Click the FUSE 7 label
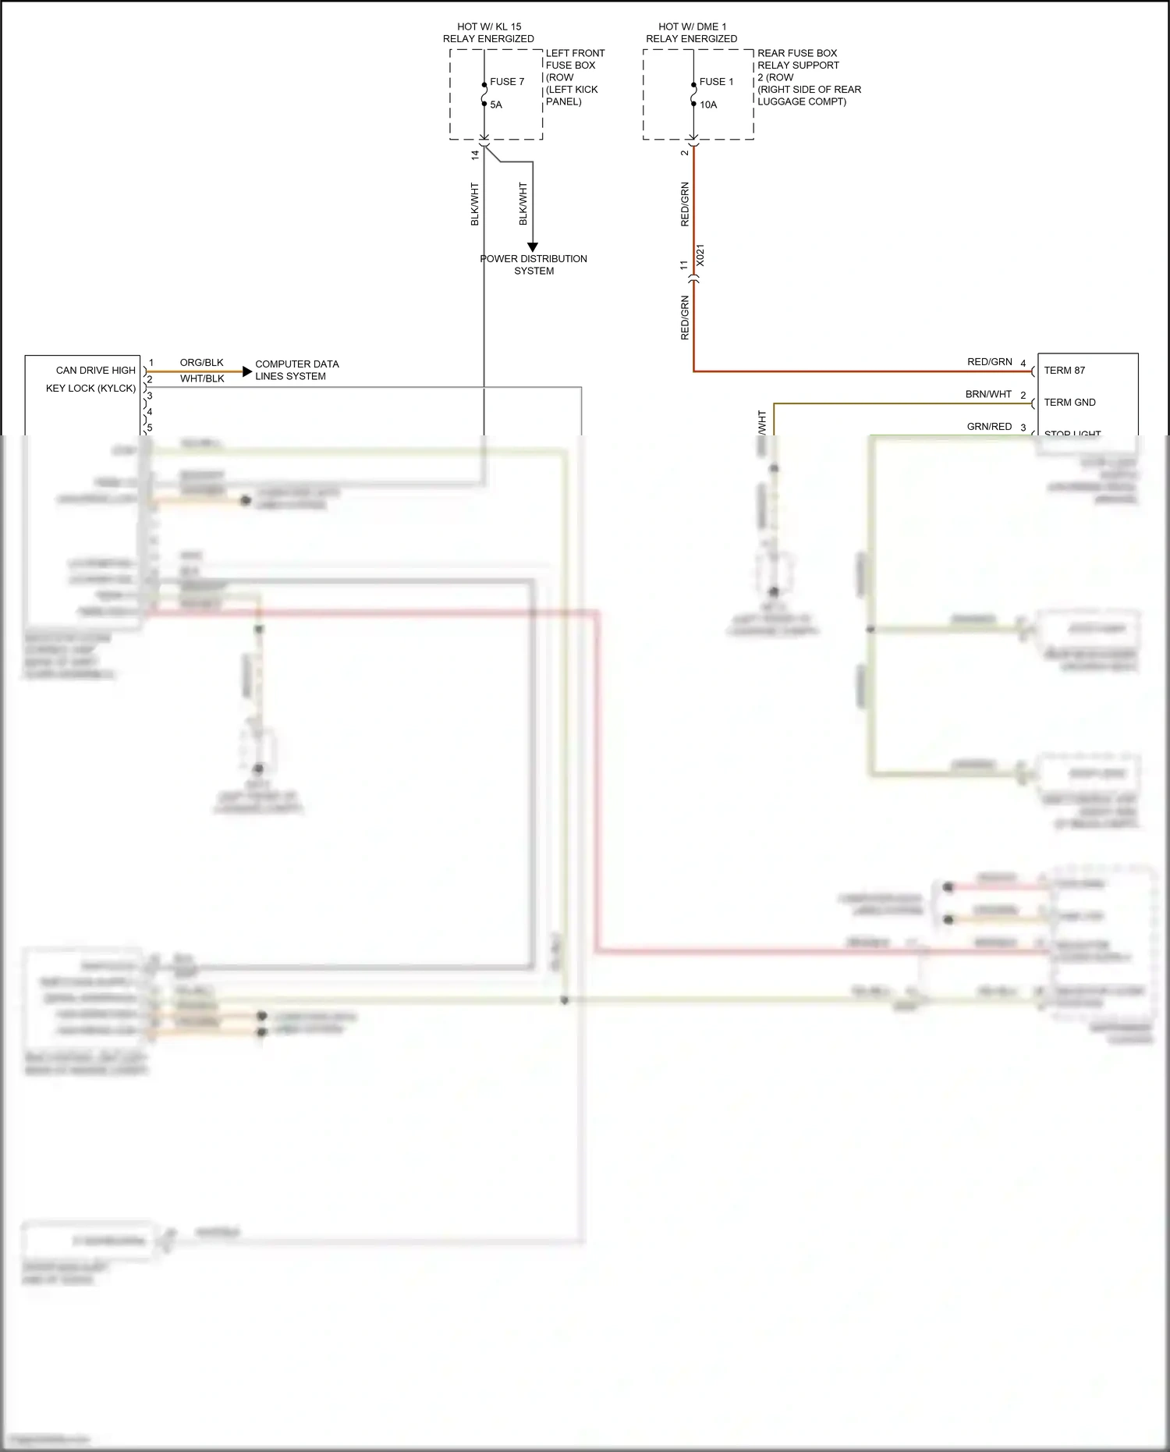[x=506, y=82]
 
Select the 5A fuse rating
[x=496, y=105]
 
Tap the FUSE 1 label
[x=716, y=82]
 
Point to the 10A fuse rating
[x=708, y=105]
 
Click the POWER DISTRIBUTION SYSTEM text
[x=534, y=264]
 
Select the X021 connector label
[x=700, y=256]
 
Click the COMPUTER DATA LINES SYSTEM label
[x=296, y=370]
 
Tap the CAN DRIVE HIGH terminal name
[x=95, y=371]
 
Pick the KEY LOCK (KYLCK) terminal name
[x=90, y=388]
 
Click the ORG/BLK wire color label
[x=201, y=363]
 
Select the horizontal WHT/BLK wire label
[x=202, y=379]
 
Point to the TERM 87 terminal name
[x=1064, y=371]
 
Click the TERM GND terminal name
[x=1069, y=403]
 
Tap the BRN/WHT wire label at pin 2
[x=988, y=395]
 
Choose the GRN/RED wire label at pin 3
[x=989, y=427]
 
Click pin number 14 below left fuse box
[x=475, y=155]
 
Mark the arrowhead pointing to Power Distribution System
[x=533, y=247]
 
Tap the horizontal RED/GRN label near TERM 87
[x=989, y=362]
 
